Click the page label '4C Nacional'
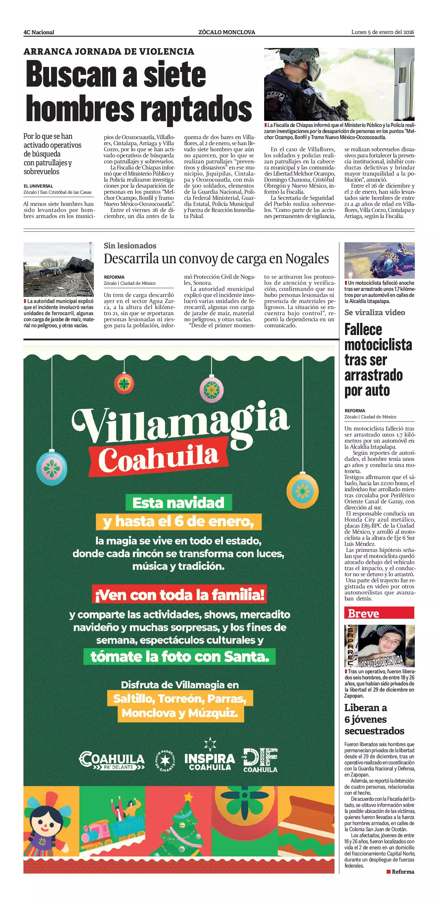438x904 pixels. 39,32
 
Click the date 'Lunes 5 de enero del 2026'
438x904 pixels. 383,32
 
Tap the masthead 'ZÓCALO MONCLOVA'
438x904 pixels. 227,32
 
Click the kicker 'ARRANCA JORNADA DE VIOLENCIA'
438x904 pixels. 109,52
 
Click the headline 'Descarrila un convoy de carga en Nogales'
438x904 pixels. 216,259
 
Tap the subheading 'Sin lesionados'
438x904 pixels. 130,246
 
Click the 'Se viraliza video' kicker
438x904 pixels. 375,312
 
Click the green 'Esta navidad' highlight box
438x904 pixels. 179,502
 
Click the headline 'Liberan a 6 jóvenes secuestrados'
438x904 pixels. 374,719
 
